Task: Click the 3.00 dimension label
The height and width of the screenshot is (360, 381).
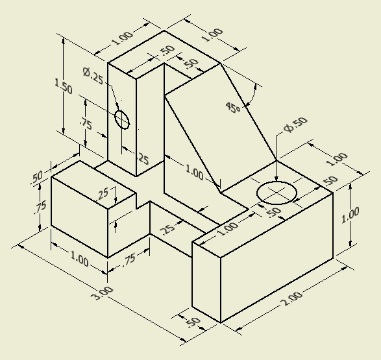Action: tap(102, 293)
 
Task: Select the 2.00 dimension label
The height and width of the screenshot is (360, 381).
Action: tap(291, 298)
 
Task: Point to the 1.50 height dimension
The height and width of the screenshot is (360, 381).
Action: tap(64, 86)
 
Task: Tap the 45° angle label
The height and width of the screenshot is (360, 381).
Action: tap(233, 107)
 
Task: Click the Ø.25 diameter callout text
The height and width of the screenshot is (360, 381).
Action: tap(93, 76)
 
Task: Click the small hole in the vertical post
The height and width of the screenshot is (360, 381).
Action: tap(122, 119)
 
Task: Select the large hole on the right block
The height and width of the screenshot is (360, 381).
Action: tap(277, 193)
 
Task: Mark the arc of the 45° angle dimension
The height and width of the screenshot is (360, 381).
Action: tap(252, 95)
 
